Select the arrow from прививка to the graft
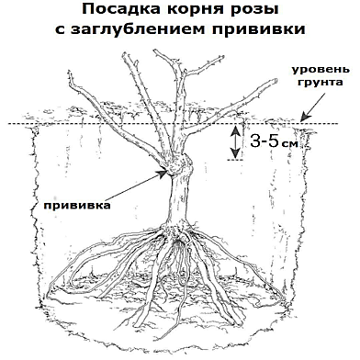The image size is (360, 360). click(138, 187)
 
